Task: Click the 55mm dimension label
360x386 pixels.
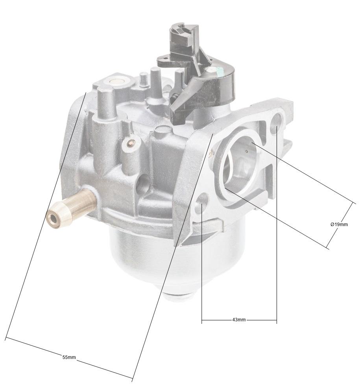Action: tap(69, 357)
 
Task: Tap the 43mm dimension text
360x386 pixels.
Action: tap(239, 320)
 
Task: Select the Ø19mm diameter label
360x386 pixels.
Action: tap(339, 224)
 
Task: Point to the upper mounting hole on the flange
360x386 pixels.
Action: tap(277, 119)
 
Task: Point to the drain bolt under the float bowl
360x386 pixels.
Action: tap(179, 297)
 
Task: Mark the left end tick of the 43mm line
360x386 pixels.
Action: tap(202, 320)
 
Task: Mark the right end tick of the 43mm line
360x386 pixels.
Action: tap(277, 320)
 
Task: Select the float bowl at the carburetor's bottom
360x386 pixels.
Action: tap(150, 255)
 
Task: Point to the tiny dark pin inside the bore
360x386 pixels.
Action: tap(246, 150)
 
